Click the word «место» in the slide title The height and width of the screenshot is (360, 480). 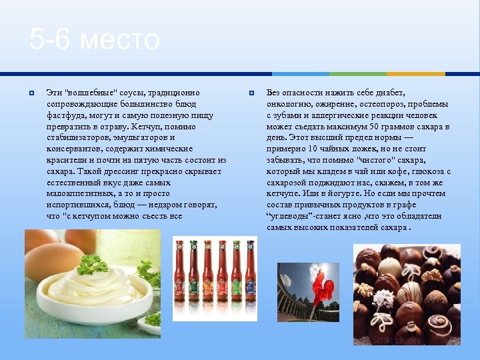[x=120, y=40]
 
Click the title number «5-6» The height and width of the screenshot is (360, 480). [x=51, y=40]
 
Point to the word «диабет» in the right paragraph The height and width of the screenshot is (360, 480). [x=389, y=93]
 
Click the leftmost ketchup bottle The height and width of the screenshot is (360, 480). [x=180, y=277]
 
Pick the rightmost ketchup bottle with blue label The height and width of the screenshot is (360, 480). [x=249, y=277]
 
